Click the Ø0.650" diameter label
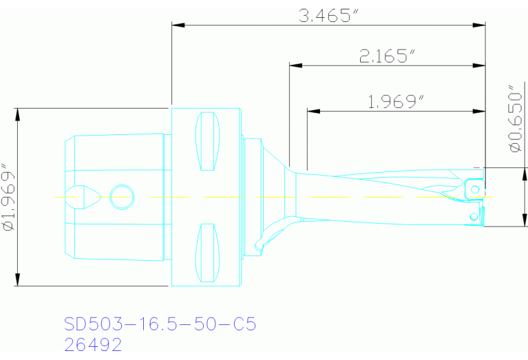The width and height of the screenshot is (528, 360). tap(512, 118)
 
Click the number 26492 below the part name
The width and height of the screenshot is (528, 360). tap(93, 343)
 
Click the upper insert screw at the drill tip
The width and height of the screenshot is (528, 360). tap(474, 187)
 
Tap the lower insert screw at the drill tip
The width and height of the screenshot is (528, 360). tap(474, 217)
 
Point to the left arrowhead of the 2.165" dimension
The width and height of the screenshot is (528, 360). tap(295, 66)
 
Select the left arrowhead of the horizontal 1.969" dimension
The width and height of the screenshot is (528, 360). tap(313, 110)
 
